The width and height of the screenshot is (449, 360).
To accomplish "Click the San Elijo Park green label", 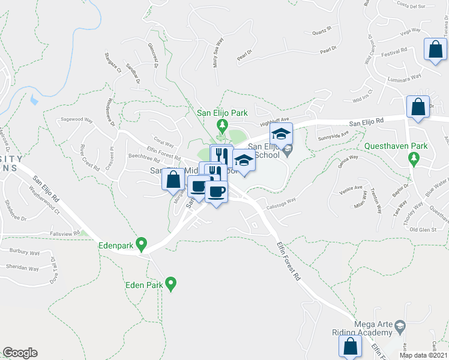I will point(223,112).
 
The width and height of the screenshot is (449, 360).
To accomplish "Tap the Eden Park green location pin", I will point(171,283).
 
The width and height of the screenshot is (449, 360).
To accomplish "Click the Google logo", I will point(20,353).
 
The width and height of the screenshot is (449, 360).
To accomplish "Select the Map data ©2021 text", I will point(423,355).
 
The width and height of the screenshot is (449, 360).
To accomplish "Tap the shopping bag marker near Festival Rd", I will point(435,50).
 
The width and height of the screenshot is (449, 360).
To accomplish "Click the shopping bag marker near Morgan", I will point(173,179).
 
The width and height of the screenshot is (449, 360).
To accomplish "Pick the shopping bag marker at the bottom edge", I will point(350,346).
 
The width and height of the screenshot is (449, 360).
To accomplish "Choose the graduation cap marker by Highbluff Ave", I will point(280,135).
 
